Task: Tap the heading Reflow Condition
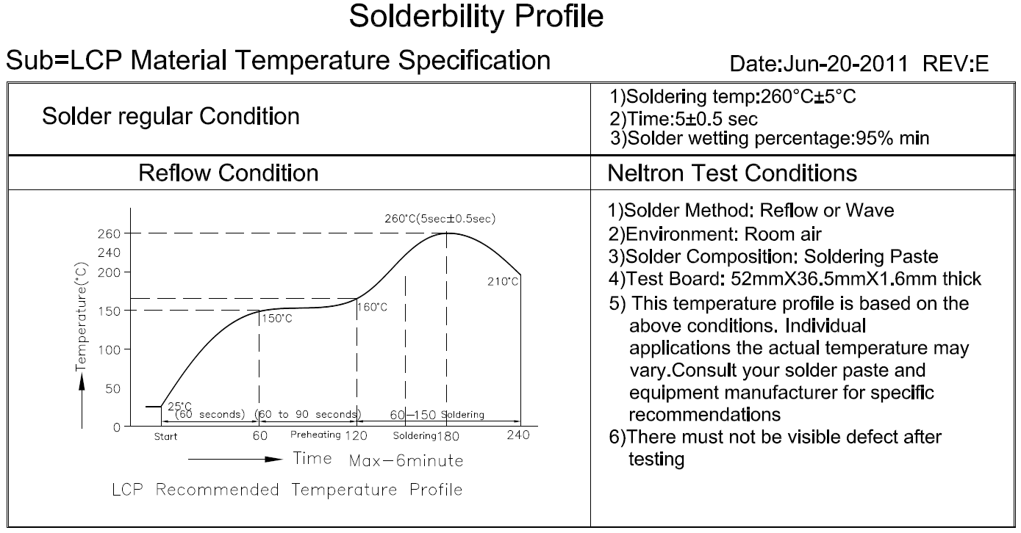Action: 229,173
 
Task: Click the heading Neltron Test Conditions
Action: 732,173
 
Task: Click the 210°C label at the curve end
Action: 504,281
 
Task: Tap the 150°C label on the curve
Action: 277,319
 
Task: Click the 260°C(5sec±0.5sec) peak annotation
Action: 440,218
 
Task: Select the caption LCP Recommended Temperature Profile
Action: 287,489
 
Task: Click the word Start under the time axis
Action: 165,436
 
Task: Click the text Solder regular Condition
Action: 171,116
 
